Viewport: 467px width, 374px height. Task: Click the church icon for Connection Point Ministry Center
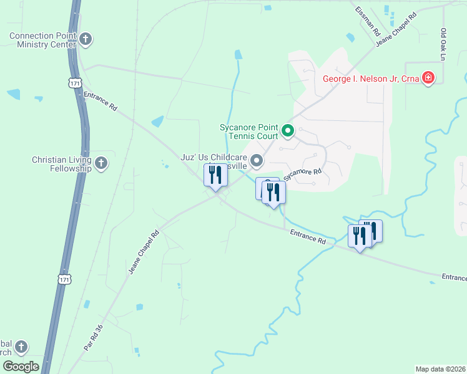point(86,40)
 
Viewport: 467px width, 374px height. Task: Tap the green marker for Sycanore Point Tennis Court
point(288,130)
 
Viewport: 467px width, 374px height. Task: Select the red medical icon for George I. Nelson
point(428,78)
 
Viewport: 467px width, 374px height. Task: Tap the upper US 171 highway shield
point(74,82)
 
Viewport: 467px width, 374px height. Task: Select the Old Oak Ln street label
point(443,44)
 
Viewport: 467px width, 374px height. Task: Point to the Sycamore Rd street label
point(303,175)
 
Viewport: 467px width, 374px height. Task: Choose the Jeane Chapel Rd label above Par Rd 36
point(144,252)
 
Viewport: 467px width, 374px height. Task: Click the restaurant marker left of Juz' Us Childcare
point(215,176)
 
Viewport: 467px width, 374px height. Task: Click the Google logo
point(21,367)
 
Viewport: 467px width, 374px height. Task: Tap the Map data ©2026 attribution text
point(440,369)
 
